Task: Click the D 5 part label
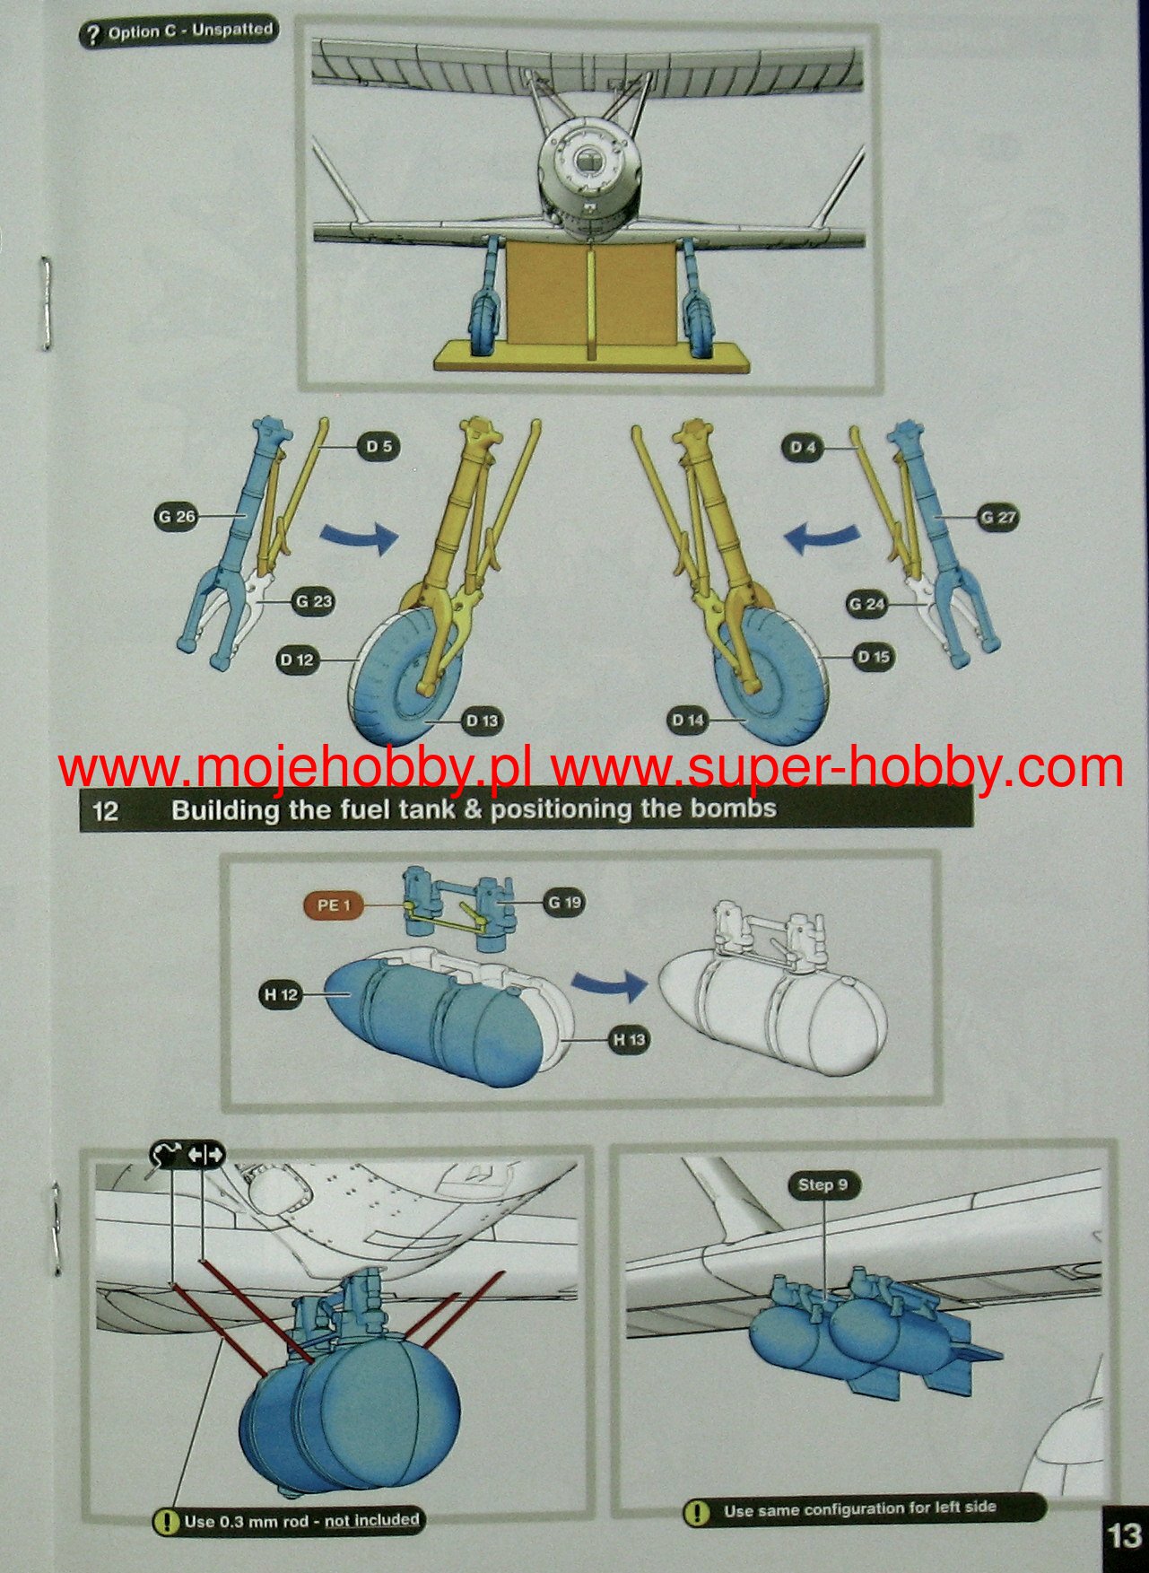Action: (379, 446)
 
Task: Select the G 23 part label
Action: (313, 601)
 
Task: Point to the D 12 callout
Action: (297, 660)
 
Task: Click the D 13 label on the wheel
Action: (481, 720)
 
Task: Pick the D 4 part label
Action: (803, 447)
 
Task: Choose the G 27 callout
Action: (997, 518)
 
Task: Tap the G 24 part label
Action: (867, 604)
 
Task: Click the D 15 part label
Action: (873, 657)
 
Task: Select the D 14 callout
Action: (688, 720)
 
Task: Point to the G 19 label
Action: (564, 902)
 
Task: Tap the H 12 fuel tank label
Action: (280, 994)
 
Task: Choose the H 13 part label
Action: (629, 1039)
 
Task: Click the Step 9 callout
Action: (823, 1184)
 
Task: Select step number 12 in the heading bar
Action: (106, 811)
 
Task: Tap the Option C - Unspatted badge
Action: (178, 33)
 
